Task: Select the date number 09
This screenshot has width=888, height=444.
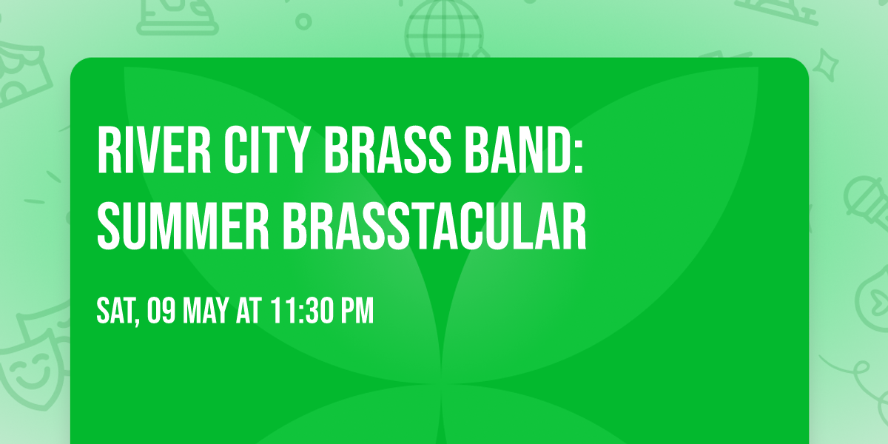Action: [159, 312]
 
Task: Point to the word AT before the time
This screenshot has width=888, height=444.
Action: [251, 312]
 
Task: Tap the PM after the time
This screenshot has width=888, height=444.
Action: [357, 312]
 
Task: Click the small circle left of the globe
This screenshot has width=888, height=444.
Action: [303, 22]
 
